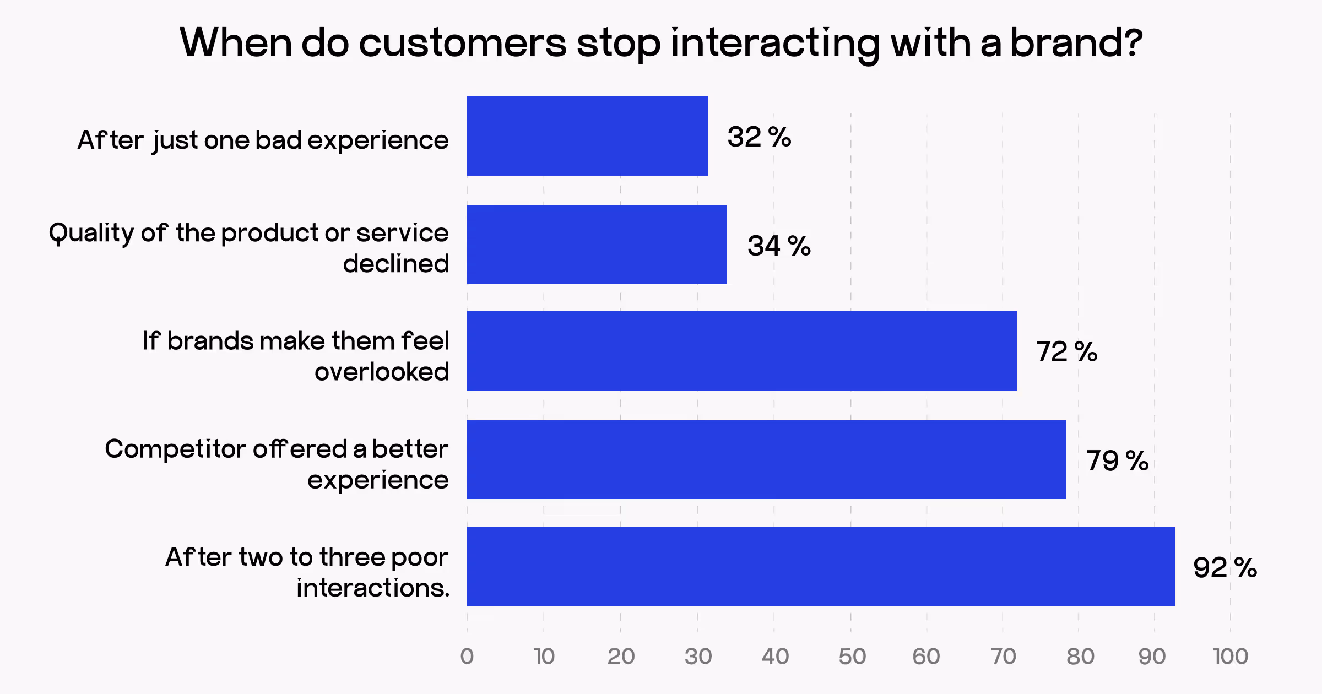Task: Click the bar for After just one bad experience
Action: coord(587,135)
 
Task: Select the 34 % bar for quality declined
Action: coord(597,245)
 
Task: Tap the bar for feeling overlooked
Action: coord(741,351)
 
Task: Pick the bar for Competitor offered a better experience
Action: coord(766,459)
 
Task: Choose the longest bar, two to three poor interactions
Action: coord(821,566)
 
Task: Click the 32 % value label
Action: coord(759,137)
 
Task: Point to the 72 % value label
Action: coord(1066,352)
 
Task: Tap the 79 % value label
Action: coord(1117,460)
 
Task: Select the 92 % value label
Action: coord(1225,568)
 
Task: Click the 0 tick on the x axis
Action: coord(467,657)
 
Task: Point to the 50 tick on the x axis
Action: coord(852,657)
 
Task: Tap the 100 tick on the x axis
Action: coord(1231,657)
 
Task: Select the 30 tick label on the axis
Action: coord(698,657)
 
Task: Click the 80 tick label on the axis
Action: coord(1080,657)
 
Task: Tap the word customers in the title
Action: coord(462,43)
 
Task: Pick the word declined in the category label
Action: coord(395,264)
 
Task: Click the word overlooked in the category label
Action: coord(382,372)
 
